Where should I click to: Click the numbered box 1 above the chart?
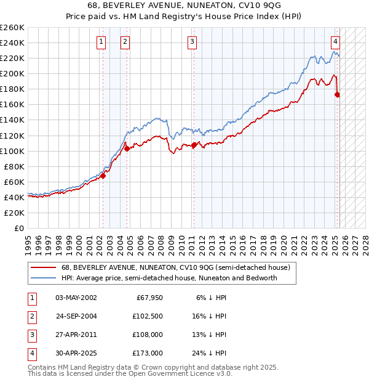[x=100, y=42]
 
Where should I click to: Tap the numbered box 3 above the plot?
[x=192, y=42]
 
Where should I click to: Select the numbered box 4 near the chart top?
[x=335, y=42]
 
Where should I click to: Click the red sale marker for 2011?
[x=194, y=145]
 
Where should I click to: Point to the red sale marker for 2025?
[x=337, y=94]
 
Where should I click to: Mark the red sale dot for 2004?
[x=127, y=148]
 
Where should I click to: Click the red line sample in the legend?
[x=42, y=267]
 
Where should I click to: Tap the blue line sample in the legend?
[x=42, y=278]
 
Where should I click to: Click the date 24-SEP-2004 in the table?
[x=76, y=316]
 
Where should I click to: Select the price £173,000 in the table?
[x=147, y=353]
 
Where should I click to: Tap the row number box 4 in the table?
[x=31, y=353]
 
